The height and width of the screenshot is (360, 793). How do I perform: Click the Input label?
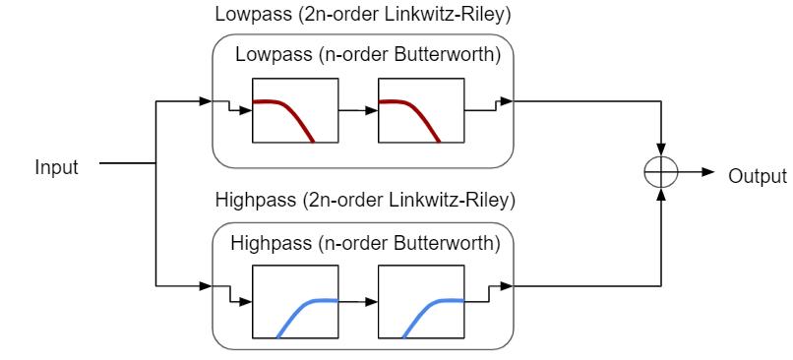coord(56,167)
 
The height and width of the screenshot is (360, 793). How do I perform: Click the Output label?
coord(757,176)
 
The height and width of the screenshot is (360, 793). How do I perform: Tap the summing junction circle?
coord(661,172)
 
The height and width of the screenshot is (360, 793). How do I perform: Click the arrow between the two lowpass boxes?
coord(359,111)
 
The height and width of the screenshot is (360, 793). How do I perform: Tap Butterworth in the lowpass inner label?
coord(449,55)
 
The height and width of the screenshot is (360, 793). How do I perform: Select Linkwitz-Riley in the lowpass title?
coord(437,15)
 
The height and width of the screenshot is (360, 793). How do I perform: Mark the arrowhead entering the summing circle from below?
coord(661,196)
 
